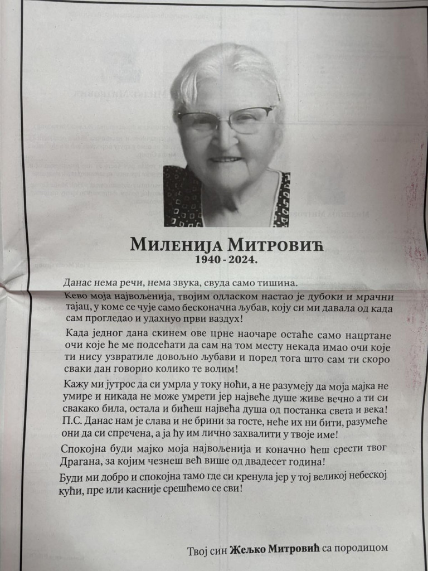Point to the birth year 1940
207,259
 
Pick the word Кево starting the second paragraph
77,296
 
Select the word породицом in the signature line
360,549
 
